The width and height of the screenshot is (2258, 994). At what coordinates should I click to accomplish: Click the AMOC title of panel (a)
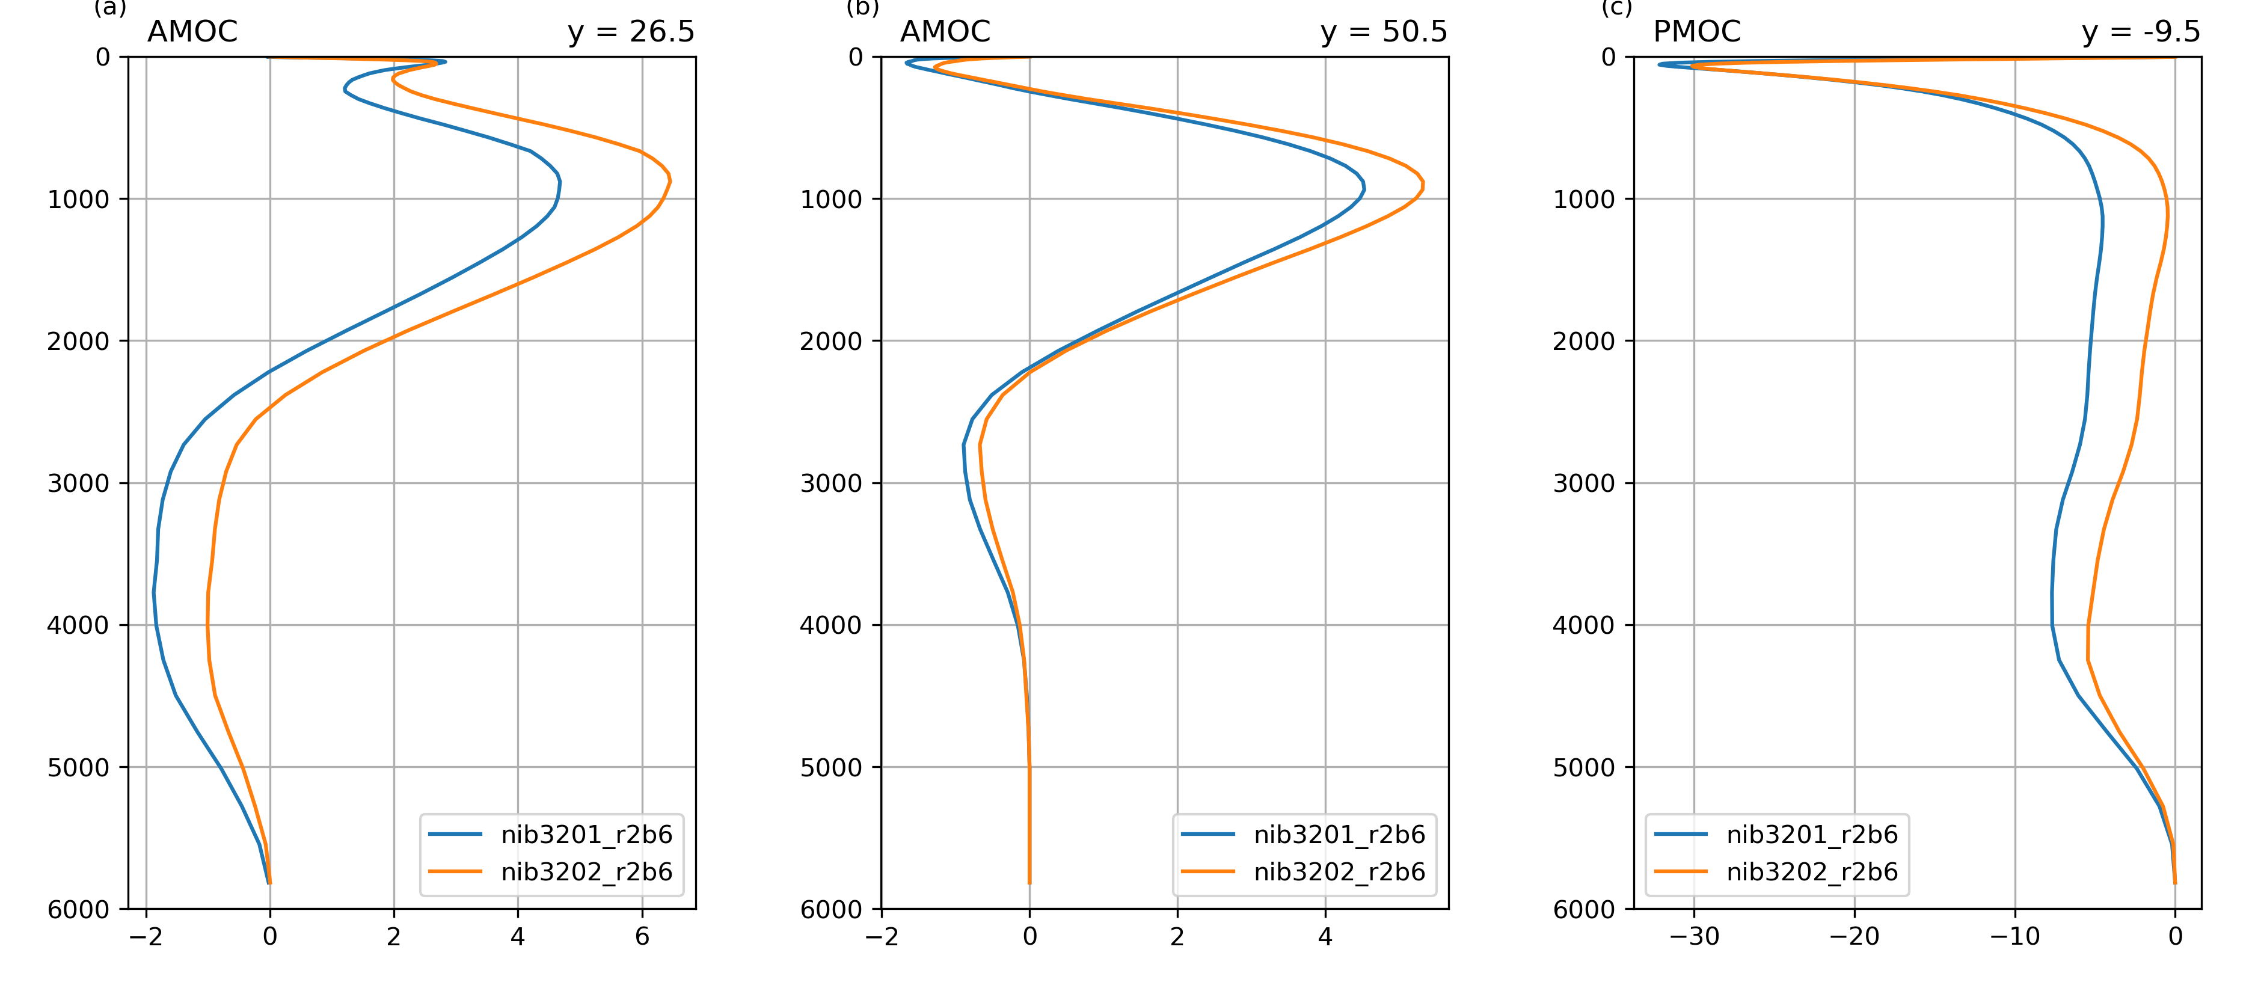click(x=192, y=31)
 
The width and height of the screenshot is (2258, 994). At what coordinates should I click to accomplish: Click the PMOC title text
click(x=1696, y=31)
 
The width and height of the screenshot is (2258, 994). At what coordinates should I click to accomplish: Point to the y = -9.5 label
click(x=2141, y=31)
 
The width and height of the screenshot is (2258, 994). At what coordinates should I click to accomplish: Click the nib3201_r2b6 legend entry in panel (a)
click(x=586, y=835)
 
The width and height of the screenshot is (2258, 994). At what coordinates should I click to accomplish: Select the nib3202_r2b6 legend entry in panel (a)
click(x=586, y=872)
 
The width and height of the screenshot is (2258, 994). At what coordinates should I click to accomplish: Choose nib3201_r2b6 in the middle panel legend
click(x=1339, y=835)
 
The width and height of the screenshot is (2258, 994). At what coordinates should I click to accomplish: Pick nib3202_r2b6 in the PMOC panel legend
click(x=1812, y=872)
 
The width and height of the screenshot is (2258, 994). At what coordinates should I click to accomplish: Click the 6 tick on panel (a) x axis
click(x=642, y=936)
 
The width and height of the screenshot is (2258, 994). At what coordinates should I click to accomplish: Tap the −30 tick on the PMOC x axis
click(x=1693, y=936)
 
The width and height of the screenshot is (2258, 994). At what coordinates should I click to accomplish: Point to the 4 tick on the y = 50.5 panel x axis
click(x=1325, y=936)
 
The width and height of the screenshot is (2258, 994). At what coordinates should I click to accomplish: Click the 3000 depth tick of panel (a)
click(x=78, y=483)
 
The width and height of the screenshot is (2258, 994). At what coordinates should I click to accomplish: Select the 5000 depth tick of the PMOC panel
click(x=1584, y=767)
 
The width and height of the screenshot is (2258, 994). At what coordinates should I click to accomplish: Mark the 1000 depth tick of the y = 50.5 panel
click(x=831, y=199)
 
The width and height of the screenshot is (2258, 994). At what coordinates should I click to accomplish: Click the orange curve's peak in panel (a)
click(x=670, y=180)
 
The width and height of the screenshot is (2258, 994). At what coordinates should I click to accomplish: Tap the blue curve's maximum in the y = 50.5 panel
click(x=1364, y=188)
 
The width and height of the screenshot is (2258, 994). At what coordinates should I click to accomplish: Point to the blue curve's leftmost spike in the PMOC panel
click(x=1659, y=64)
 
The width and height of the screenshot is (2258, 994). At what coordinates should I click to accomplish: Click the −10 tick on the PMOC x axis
click(x=2014, y=936)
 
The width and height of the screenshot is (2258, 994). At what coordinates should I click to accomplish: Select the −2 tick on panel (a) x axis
click(x=146, y=936)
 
